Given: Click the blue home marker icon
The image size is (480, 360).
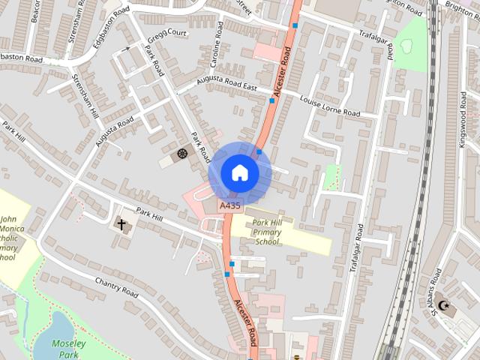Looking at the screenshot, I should coord(239,173).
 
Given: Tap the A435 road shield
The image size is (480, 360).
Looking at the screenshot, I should coord(229,205).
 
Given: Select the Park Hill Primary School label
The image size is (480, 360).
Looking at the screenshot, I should coord(268,232).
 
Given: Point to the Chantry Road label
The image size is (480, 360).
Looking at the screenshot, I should coord(117,286).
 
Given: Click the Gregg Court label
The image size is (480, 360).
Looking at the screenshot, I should coord(166,34).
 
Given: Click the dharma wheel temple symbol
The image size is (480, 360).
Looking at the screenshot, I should coord(181,154).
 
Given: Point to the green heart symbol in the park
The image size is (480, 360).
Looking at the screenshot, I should coord(406,46).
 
